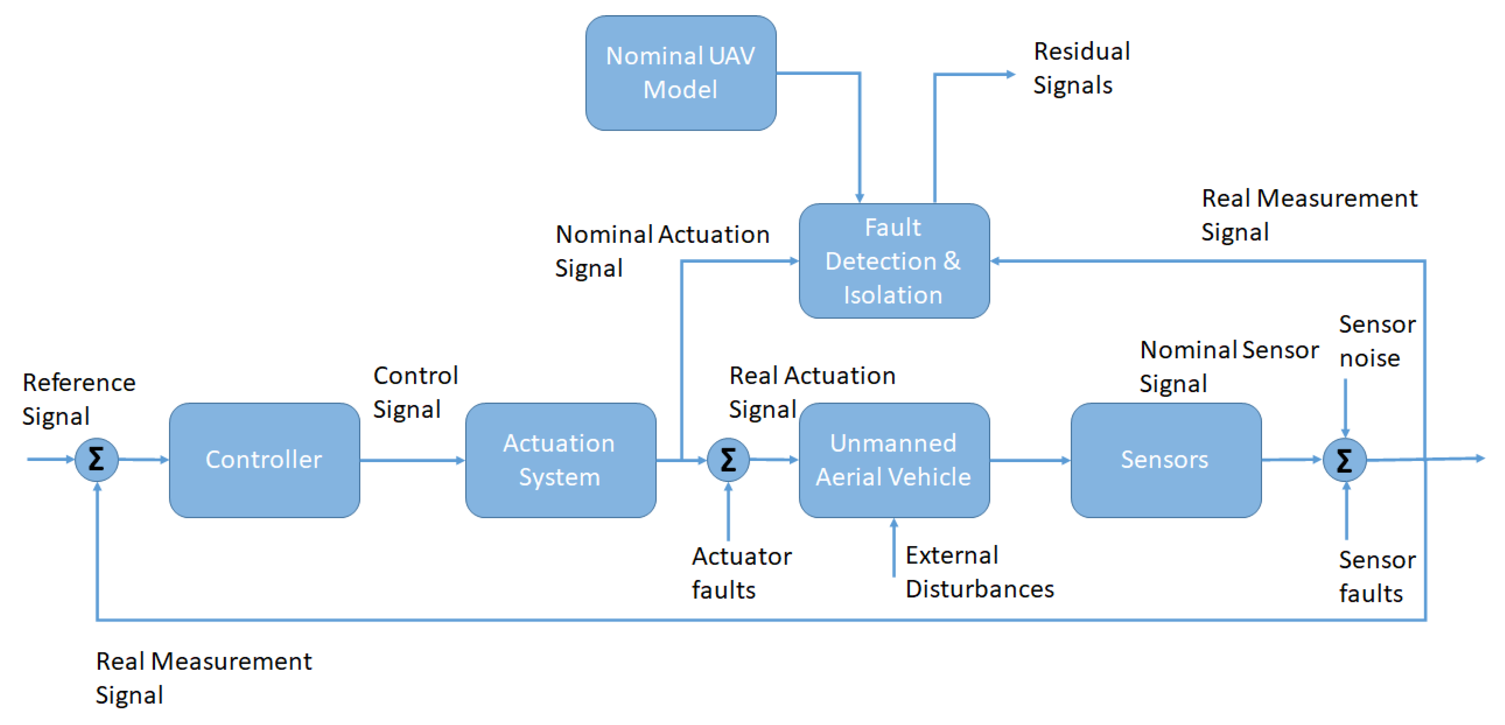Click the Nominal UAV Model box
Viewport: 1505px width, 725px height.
coord(680,73)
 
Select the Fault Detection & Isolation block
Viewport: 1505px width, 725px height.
coord(893,261)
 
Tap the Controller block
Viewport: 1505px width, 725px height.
coord(264,460)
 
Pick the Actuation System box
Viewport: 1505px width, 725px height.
coord(560,460)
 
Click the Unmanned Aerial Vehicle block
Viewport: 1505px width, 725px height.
coord(893,460)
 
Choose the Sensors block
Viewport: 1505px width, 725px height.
coord(1165,460)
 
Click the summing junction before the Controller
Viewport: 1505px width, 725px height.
coord(97,460)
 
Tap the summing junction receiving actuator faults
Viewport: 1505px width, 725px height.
coord(728,460)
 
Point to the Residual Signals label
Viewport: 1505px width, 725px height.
coord(1081,68)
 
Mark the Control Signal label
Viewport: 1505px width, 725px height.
coord(415,392)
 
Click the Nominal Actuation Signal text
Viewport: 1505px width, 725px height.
coord(661,251)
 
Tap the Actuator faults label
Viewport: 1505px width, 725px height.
coord(741,573)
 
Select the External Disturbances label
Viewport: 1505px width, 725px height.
coord(979,571)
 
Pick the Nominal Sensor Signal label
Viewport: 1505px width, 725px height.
coord(1228,366)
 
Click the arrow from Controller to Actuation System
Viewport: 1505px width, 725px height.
coord(412,461)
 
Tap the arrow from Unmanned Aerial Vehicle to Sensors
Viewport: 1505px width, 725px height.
coord(1029,461)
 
